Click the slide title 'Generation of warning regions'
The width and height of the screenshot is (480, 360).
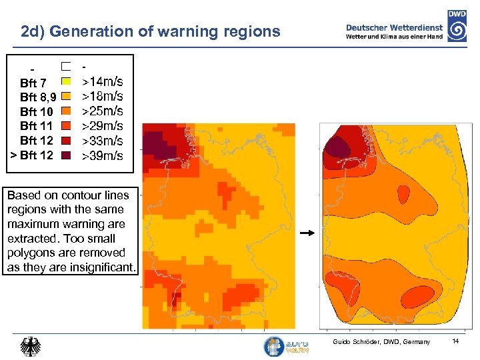(165, 31)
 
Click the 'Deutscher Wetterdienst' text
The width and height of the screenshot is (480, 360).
(394, 27)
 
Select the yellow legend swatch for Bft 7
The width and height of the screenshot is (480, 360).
(65, 81)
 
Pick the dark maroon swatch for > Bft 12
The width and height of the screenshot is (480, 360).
(65, 155)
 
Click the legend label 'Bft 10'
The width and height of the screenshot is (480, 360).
(37, 112)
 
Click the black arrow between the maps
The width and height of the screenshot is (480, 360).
(307, 234)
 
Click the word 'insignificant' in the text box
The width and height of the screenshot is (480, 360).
(102, 267)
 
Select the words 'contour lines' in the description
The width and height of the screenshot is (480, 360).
(95, 195)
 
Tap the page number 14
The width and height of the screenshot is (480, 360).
(456, 341)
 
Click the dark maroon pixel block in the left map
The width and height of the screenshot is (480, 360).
(155, 141)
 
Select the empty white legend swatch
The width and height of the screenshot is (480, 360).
(65, 67)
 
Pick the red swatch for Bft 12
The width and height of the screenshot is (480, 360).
(65, 141)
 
